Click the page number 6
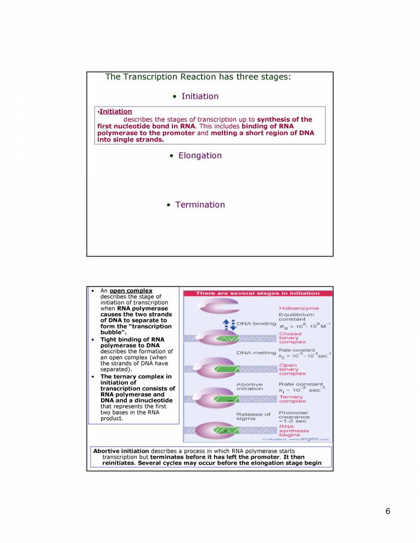click(x=388, y=511)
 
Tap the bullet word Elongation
click(x=200, y=156)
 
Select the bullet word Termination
click(x=200, y=205)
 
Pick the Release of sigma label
click(x=253, y=417)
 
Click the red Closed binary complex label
click(x=290, y=338)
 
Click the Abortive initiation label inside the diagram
click(x=250, y=387)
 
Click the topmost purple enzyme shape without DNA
click(x=209, y=309)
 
